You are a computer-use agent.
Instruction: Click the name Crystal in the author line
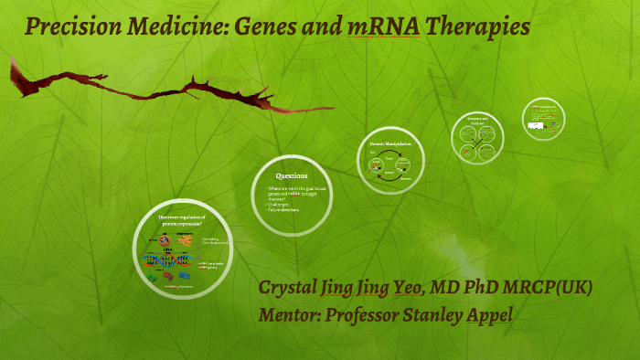289,289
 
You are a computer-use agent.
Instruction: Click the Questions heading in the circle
292,175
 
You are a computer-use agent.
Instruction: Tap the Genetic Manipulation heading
389,145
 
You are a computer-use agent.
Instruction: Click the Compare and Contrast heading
477,122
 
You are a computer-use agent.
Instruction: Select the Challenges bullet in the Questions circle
272,206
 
